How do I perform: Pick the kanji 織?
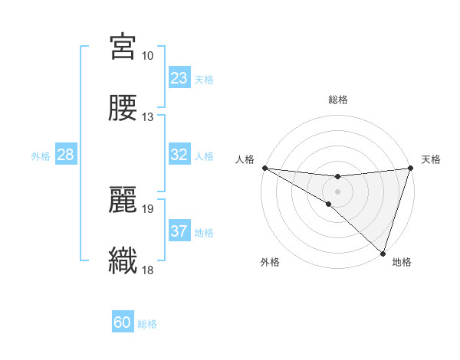click(x=123, y=260)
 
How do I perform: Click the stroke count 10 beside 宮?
click(x=148, y=56)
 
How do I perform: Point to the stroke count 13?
click(x=148, y=117)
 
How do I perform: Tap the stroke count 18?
click(x=148, y=270)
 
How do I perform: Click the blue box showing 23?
click(x=179, y=78)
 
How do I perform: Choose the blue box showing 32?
click(x=179, y=155)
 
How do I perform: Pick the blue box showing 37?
click(x=179, y=231)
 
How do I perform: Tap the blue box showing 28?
click(x=66, y=155)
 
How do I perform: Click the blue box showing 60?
click(x=123, y=322)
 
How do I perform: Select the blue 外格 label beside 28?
click(x=41, y=156)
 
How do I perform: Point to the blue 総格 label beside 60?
click(x=147, y=324)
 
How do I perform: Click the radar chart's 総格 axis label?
click(x=337, y=100)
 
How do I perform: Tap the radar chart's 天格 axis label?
click(x=432, y=159)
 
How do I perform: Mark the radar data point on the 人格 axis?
click(x=264, y=167)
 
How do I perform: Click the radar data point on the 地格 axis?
click(x=383, y=253)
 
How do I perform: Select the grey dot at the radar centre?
click(x=337, y=191)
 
